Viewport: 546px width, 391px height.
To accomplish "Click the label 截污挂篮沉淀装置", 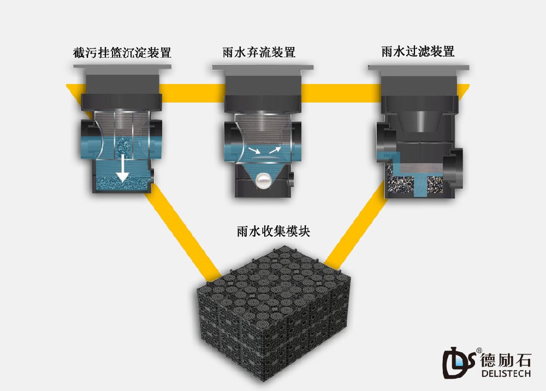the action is pos(122,52).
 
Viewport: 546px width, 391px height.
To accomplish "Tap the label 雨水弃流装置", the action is pos(259,52).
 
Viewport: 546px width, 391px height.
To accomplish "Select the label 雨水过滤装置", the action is pos(418,51).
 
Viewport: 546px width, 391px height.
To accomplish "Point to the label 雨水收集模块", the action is pos(274,231).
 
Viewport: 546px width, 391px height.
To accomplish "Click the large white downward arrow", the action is pos(122,168).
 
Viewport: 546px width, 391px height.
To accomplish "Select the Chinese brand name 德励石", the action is pos(506,360).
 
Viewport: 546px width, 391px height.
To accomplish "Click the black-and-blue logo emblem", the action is pos(459,363).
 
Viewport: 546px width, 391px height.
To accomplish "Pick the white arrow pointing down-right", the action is pos(254,151).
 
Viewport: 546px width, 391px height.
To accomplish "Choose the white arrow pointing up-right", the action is pos(275,150).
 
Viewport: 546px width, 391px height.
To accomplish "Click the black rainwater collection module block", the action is pos(272,313).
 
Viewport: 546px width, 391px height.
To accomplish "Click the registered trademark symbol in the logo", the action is pos(479,350).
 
